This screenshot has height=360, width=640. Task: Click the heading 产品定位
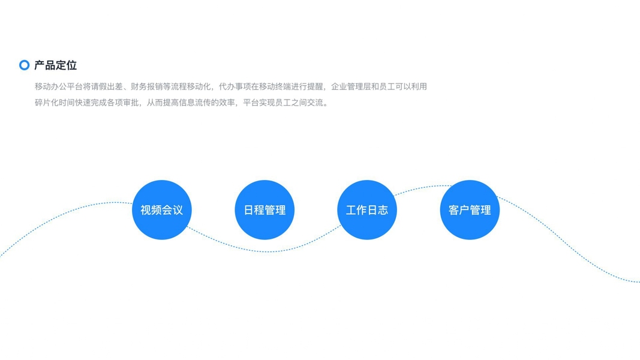pos(55,65)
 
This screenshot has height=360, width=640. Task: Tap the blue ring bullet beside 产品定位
pos(24,65)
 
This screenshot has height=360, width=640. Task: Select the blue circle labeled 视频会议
pos(161,210)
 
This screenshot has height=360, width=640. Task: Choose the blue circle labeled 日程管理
pos(265,210)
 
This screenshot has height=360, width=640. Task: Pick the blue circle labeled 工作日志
pos(367,210)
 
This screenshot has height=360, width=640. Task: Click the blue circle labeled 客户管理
pos(470,210)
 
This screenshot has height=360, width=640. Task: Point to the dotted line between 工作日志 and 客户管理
pos(418,188)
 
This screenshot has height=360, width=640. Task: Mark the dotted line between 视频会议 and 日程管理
pos(213,238)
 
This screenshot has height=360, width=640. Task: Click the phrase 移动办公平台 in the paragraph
pos(59,86)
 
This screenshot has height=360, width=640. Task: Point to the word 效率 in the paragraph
pos(227,103)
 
